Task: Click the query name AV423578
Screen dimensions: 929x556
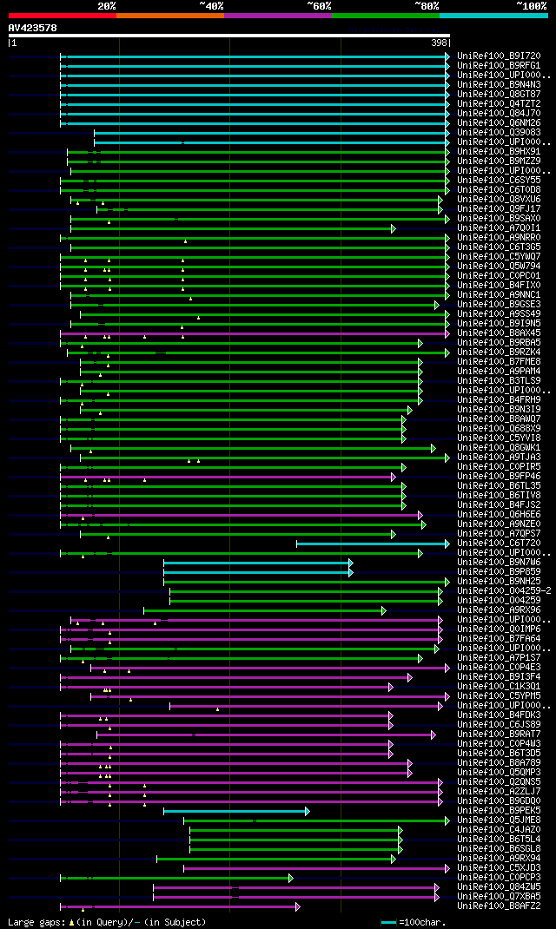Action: (32, 28)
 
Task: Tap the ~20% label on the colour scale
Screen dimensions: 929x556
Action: (107, 6)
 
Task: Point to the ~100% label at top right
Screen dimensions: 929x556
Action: (531, 6)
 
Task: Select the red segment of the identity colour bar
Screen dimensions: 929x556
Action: (62, 15)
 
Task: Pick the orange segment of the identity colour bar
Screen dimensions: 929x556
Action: (169, 15)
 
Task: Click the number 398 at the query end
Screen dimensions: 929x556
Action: (440, 43)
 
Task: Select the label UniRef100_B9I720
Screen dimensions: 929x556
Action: (498, 56)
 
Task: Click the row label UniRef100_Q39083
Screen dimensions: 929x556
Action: (498, 133)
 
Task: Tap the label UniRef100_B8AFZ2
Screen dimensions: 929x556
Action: (498, 906)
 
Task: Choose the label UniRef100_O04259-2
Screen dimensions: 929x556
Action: (501, 591)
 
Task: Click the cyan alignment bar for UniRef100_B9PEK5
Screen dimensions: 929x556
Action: (235, 811)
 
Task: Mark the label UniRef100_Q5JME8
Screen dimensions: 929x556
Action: (498, 820)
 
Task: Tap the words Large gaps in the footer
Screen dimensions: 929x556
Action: (33, 922)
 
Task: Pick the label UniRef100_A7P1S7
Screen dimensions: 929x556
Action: (498, 658)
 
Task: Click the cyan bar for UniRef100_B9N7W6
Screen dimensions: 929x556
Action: (256, 563)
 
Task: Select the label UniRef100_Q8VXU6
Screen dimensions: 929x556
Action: (498, 200)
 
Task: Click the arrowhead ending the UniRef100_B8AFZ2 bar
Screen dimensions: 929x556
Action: (297, 906)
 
